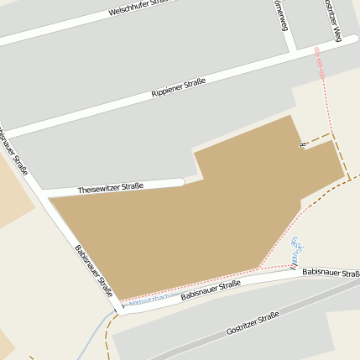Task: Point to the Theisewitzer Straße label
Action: [x=111, y=188]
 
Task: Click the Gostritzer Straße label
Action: [x=252, y=324]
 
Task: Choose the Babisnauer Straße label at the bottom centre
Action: [x=211, y=290]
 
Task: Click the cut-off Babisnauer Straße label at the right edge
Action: [x=331, y=274]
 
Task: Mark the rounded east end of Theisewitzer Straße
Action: [x=180, y=182]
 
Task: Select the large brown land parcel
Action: [x=185, y=227]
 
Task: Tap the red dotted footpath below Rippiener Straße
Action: [x=319, y=63]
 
